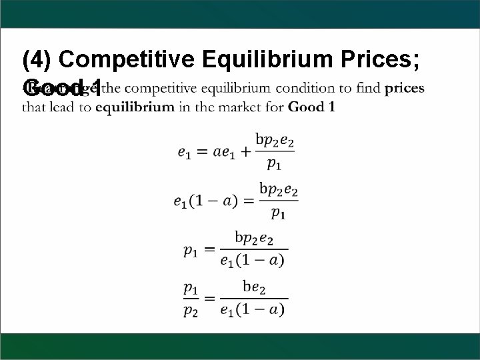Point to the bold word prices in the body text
pos(405,89)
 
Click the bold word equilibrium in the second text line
pos(135,107)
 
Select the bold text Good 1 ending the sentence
pos(312,107)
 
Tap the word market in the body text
pos(237,107)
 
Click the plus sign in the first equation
pos(245,152)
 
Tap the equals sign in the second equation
pos(249,201)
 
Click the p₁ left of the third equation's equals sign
pos(191,250)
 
